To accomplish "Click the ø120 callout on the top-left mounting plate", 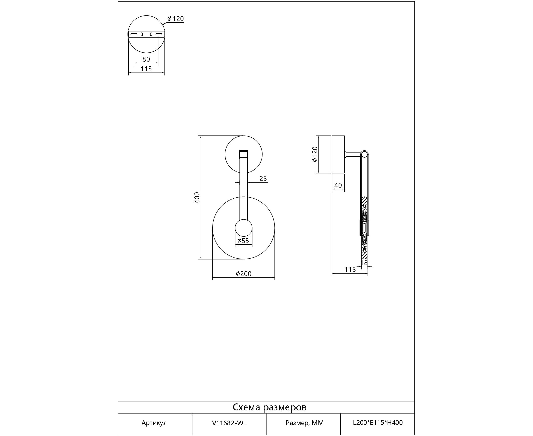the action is [176, 19].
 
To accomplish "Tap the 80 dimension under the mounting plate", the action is [146, 59].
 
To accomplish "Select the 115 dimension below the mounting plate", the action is [146, 69].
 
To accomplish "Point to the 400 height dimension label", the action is [197, 198].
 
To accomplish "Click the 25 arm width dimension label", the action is [263, 178].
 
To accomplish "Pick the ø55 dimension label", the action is [243, 241].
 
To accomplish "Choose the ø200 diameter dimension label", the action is [244, 274].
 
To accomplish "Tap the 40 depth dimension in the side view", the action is [338, 185].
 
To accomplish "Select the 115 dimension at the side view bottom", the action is [350, 270].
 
